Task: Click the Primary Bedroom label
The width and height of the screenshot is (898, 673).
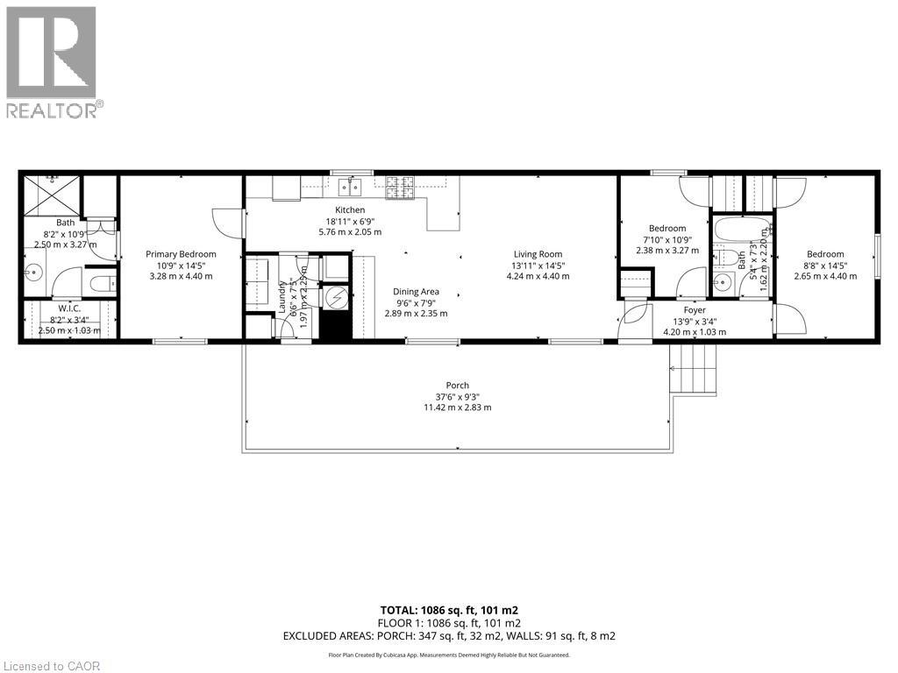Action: tap(181, 254)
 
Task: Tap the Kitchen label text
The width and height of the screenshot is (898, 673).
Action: tap(350, 210)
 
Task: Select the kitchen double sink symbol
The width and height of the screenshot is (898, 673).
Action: tap(352, 186)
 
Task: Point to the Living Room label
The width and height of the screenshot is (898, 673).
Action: tap(538, 254)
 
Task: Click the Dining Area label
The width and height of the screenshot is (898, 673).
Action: tap(417, 292)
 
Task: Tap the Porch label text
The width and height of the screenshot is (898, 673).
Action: tap(457, 386)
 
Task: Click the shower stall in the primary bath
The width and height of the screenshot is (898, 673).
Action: tap(53, 195)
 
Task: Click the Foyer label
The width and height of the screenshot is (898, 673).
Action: tap(695, 309)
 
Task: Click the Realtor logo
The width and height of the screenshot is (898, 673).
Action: tap(53, 61)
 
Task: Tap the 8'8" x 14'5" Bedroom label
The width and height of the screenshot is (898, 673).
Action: tap(825, 254)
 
